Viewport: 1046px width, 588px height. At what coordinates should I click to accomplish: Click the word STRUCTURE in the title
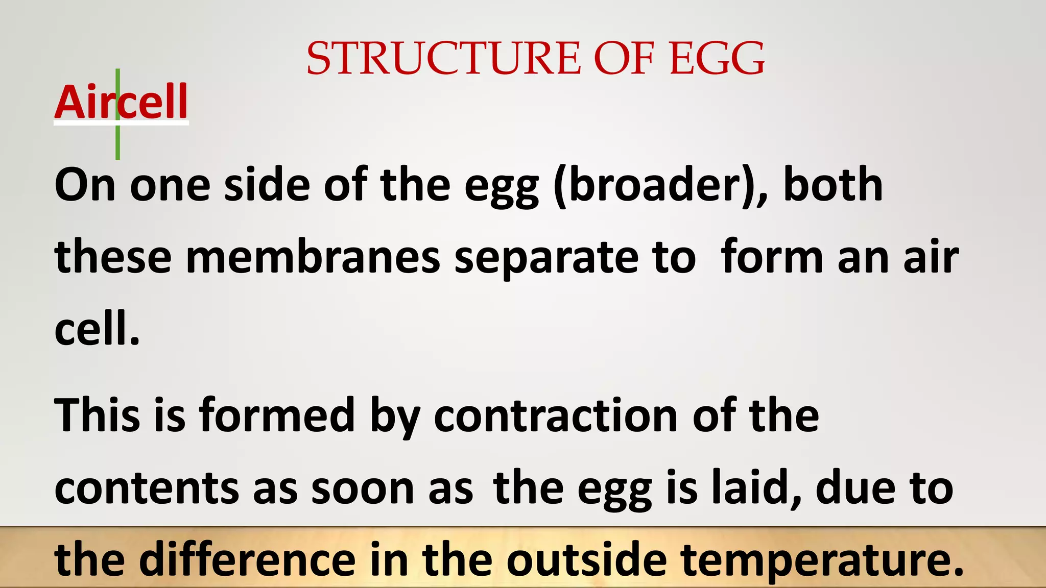(443, 58)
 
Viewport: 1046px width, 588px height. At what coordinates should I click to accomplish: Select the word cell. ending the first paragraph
(97, 329)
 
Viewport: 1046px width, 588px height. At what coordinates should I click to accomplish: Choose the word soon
(363, 488)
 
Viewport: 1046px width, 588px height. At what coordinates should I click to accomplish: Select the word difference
(247, 560)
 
